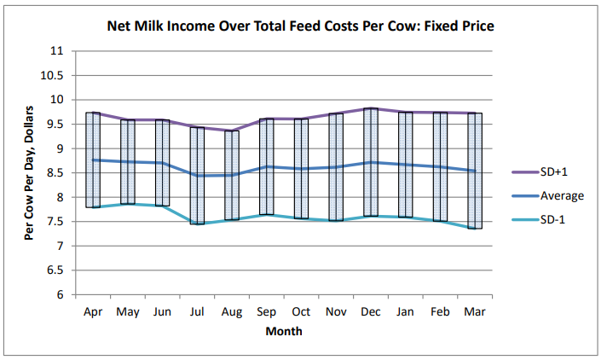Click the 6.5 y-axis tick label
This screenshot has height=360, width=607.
pyautogui.click(x=57, y=270)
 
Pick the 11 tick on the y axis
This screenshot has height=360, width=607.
pyautogui.click(x=58, y=50)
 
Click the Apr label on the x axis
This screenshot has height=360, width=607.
pyautogui.click(x=93, y=313)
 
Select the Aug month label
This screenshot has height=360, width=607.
pyautogui.click(x=232, y=313)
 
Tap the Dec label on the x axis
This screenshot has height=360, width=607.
pyautogui.click(x=371, y=313)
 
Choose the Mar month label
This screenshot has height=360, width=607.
pyautogui.click(x=474, y=313)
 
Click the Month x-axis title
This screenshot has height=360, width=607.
pyautogui.click(x=283, y=331)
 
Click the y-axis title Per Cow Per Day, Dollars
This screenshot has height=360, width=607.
pyautogui.click(x=29, y=172)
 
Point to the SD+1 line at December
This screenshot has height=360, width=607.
pyautogui.click(x=370, y=108)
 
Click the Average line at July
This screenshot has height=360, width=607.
pyautogui.click(x=197, y=176)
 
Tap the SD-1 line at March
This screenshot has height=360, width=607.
pyautogui.click(x=474, y=228)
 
